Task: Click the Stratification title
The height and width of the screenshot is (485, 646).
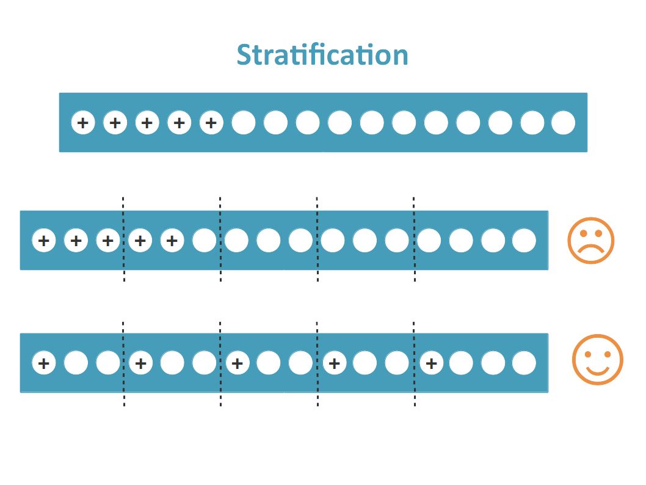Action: click(x=322, y=55)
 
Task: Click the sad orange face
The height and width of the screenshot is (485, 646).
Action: click(x=590, y=240)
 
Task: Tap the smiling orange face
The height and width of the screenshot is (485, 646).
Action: click(x=597, y=359)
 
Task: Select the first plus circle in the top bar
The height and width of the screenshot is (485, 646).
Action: click(x=83, y=123)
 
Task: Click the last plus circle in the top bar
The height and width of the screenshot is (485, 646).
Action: click(x=211, y=123)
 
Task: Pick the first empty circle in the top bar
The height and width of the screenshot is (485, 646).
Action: click(x=244, y=123)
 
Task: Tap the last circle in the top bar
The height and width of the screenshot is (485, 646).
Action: click(x=563, y=123)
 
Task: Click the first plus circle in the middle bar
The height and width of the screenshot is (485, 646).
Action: click(x=44, y=241)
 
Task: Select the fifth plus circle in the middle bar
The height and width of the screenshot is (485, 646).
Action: click(x=172, y=241)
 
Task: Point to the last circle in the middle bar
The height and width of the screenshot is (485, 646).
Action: click(x=524, y=241)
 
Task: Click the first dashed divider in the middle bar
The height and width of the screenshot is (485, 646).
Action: click(x=123, y=240)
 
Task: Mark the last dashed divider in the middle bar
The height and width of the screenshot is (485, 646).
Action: click(x=414, y=240)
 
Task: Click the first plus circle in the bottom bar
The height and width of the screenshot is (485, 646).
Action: click(x=44, y=363)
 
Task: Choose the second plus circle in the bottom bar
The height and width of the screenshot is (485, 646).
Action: click(x=140, y=363)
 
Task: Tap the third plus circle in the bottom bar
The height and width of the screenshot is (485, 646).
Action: click(x=238, y=363)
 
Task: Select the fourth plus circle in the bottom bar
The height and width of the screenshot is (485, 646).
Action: click(x=334, y=363)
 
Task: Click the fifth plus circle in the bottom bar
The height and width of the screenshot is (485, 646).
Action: click(x=431, y=363)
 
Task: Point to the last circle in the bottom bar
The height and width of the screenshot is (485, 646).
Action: click(x=524, y=363)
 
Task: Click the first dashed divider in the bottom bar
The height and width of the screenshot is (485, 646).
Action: click(x=123, y=363)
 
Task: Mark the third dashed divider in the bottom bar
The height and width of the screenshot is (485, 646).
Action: click(x=317, y=363)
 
